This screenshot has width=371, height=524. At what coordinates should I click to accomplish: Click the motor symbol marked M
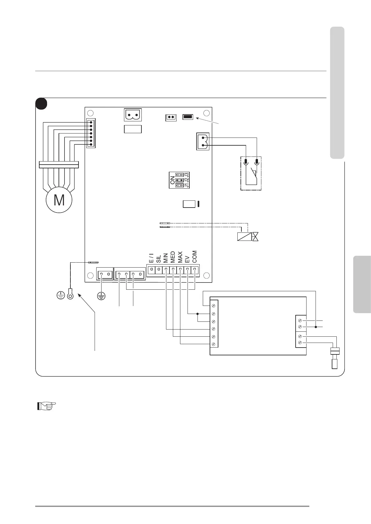[x=59, y=200]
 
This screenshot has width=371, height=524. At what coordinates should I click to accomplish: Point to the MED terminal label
[x=173, y=257]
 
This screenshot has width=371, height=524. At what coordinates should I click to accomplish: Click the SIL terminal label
[x=159, y=259]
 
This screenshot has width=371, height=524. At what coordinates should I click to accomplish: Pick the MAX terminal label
[x=180, y=257]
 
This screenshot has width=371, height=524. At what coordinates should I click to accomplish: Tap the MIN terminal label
[x=166, y=258]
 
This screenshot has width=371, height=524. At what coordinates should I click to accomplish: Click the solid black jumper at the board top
[x=188, y=117]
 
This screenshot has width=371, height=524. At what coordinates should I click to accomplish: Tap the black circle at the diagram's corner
[x=41, y=104]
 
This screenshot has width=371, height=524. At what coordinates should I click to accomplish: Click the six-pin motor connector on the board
[x=91, y=133]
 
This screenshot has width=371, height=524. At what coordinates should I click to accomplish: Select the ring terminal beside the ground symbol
[x=70, y=295]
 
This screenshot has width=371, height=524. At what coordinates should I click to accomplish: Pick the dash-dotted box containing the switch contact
[x=251, y=173]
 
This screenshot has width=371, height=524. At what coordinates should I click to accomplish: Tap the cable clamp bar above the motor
[x=59, y=164]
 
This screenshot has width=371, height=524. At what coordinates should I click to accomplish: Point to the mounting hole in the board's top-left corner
[x=90, y=113]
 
